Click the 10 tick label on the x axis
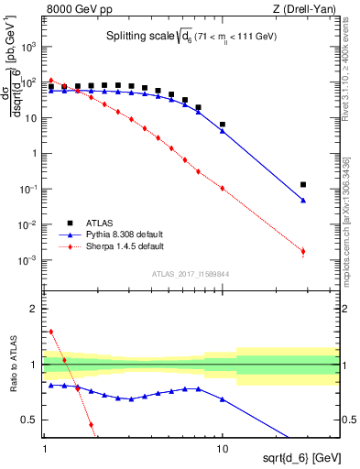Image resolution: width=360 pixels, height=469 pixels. pyautogui.click(x=222, y=451)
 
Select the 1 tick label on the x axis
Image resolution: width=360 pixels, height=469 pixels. pyautogui.click(x=45, y=451)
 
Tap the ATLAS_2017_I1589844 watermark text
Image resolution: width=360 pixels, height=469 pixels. pyautogui.click(x=191, y=274)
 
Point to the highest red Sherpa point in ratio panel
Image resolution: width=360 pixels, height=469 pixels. pyautogui.click(x=50, y=332)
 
